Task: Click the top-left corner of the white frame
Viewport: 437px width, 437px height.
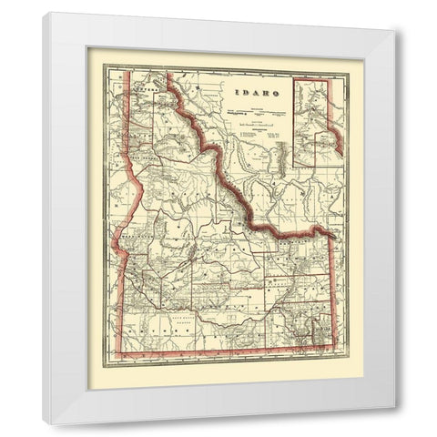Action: (x=43, y=12)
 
